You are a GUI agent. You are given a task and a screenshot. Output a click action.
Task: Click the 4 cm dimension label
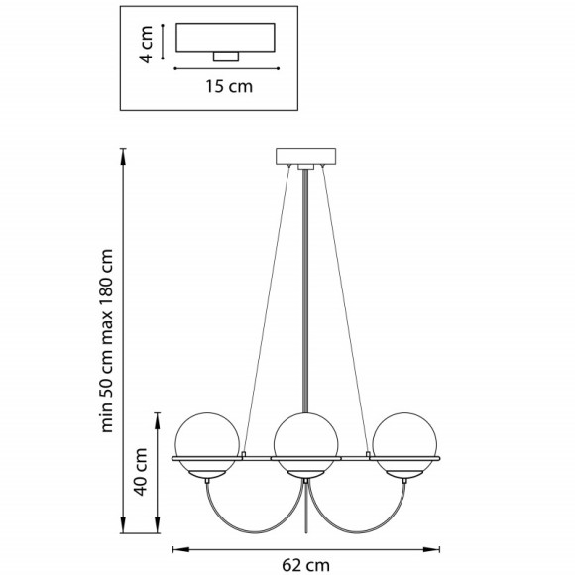[x=147, y=45]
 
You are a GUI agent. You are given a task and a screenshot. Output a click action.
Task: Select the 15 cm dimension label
[x=229, y=87]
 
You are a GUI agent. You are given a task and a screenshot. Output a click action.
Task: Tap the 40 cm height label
[x=141, y=472]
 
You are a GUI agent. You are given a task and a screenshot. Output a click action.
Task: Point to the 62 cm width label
[x=305, y=565]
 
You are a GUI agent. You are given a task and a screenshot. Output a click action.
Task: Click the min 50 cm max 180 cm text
[x=107, y=341]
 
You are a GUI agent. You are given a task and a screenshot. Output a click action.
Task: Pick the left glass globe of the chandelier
[x=207, y=445]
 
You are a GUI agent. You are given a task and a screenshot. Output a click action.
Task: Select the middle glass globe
[x=305, y=445]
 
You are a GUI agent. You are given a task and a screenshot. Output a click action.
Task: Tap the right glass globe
[x=404, y=445]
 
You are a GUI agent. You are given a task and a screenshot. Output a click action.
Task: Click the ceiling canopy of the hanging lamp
[x=305, y=156]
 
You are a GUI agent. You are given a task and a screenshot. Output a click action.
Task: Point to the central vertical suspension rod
[x=305, y=290]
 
